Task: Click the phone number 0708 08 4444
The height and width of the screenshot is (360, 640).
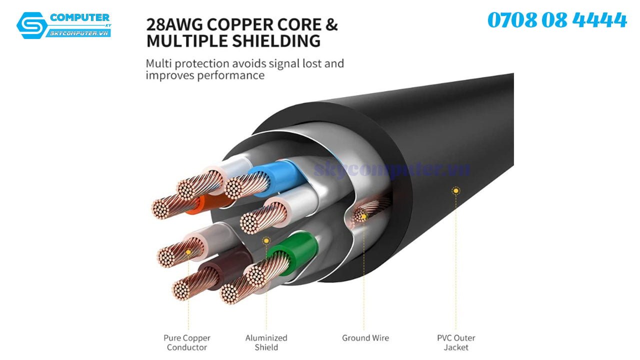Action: (x=557, y=20)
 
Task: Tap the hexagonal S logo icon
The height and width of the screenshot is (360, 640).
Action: (x=31, y=25)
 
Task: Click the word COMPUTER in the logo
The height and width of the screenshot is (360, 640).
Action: (x=79, y=18)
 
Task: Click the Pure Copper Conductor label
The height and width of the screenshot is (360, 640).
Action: (x=187, y=342)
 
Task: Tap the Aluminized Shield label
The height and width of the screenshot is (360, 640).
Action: (x=266, y=342)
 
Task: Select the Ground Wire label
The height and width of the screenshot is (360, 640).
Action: (x=365, y=338)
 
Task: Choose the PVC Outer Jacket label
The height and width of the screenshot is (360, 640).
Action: (x=456, y=342)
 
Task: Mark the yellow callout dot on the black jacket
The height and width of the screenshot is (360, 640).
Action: (x=455, y=190)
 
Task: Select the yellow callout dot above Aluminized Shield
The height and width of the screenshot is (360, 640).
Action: (x=266, y=240)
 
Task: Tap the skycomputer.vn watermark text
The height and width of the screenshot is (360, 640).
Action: (x=392, y=169)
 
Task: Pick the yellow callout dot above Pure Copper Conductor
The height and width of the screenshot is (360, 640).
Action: (x=188, y=251)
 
